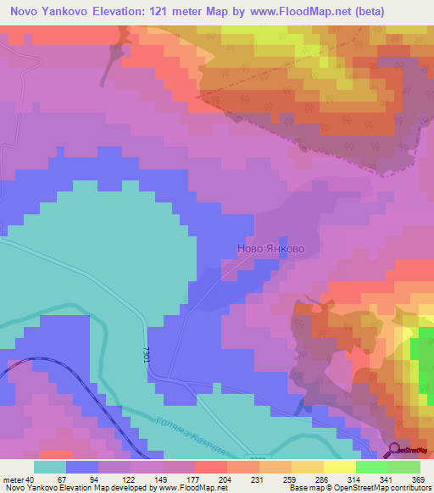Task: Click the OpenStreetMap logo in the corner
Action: tap(409, 451)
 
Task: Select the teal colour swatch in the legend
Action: tap(50, 467)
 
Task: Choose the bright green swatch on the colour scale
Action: tap(372, 467)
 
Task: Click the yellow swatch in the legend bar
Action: tap(340, 467)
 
